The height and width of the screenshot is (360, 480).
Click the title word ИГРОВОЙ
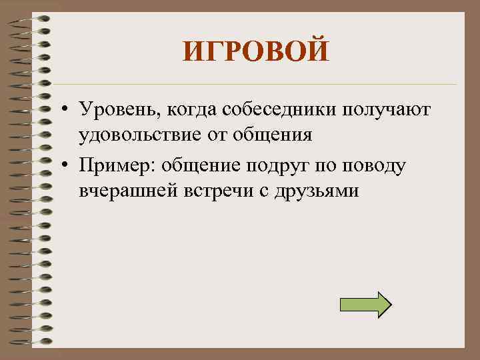(256, 52)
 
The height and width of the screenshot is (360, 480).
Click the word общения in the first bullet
(279, 136)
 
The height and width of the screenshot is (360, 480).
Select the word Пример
(111, 164)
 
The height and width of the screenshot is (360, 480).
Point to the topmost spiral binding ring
(30, 18)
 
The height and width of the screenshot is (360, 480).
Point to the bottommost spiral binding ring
(30, 341)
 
